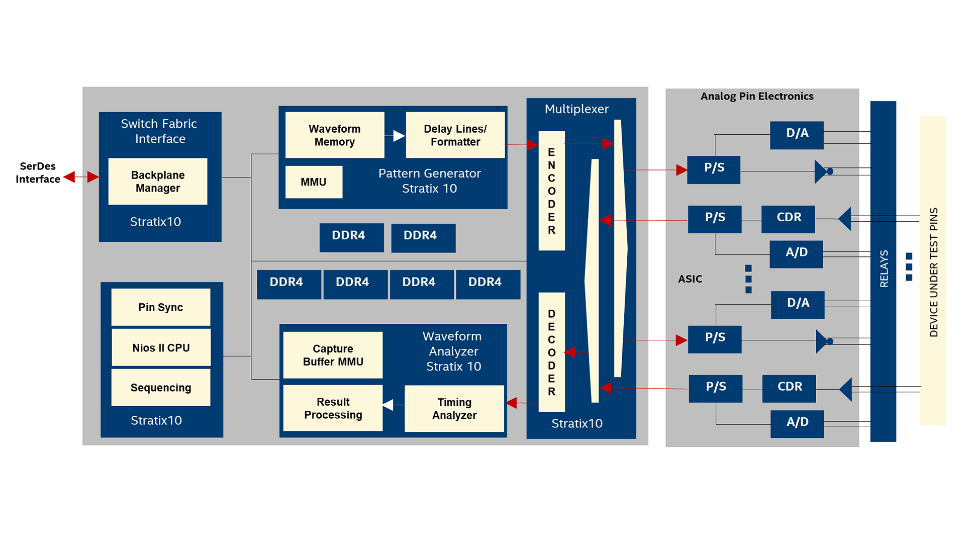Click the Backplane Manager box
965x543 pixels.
158,182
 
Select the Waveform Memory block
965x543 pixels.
335,135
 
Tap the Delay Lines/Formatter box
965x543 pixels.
455,135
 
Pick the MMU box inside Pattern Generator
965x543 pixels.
314,182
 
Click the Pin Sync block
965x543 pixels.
161,307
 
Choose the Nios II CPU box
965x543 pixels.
161,347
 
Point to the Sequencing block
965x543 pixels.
161,388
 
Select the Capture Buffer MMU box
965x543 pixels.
333,355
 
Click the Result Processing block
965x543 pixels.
333,408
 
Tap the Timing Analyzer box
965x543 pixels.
454,409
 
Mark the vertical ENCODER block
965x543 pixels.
552,191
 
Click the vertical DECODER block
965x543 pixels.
552,352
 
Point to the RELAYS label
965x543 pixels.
884,268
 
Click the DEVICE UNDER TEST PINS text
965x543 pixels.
933,272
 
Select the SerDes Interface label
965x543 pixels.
38,172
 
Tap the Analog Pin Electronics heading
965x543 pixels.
757,96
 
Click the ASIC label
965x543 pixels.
690,279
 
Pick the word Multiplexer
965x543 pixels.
576,109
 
